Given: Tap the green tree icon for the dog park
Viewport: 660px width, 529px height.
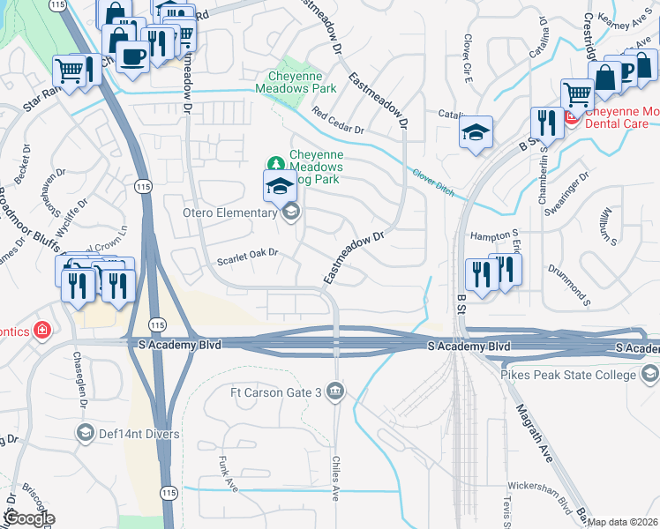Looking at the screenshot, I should click(x=275, y=164).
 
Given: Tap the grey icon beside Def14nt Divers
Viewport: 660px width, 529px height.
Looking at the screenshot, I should click(x=85, y=433).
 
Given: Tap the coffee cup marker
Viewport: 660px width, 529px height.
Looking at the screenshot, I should click(x=132, y=56).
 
